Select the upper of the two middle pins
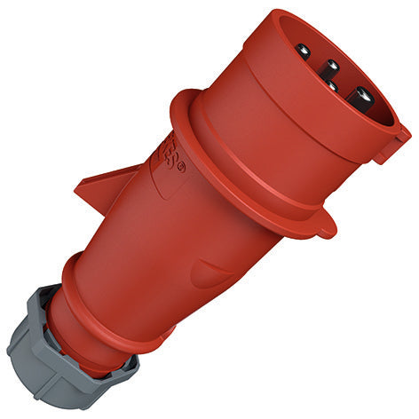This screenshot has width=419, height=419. pos(330,66)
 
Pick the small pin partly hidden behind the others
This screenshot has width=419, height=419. pos(330,84)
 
